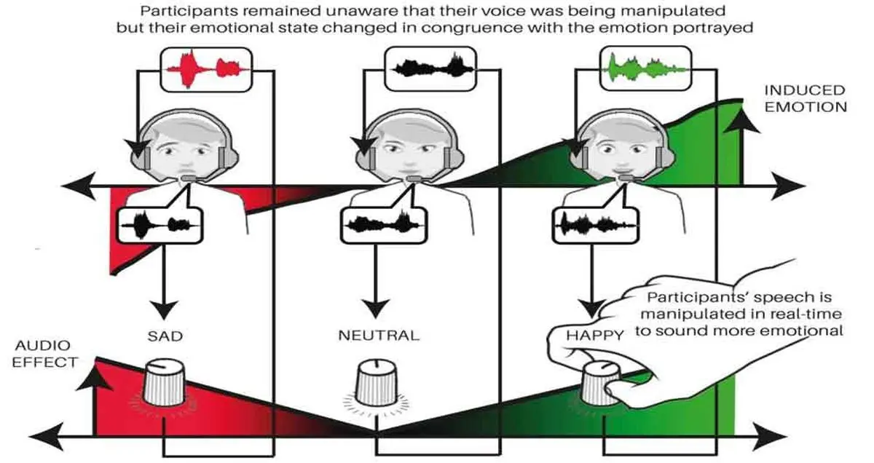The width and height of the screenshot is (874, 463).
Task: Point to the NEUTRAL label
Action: pos(379,336)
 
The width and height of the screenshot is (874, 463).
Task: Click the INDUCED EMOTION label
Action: pos(805,98)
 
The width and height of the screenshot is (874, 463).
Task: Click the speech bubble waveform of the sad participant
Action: pos(159,223)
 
